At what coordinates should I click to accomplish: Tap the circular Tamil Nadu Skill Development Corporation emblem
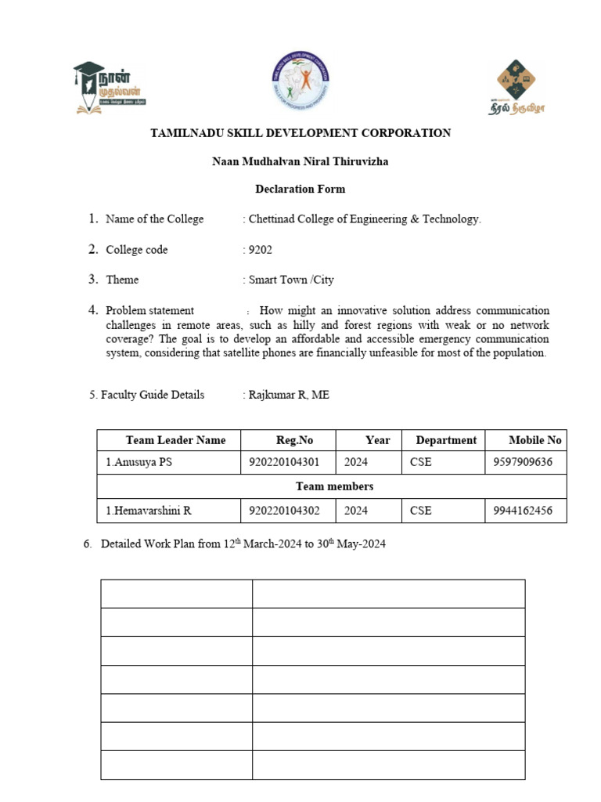[300, 81]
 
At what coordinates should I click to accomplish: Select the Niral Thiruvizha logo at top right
[517, 86]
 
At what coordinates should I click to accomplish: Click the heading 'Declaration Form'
[300, 189]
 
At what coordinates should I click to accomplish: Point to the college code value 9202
[261, 250]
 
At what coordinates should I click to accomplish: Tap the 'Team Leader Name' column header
[175, 440]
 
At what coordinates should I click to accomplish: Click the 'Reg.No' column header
[294, 440]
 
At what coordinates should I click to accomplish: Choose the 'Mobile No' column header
[535, 440]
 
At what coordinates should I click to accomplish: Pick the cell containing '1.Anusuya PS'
[139, 462]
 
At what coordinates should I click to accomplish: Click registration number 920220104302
[284, 511]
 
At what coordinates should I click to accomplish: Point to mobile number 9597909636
[523, 462]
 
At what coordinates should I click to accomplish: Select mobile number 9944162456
[523, 511]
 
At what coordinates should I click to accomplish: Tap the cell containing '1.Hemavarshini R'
[149, 511]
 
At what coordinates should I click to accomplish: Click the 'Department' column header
[446, 440]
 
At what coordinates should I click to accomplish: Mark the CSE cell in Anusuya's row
[420, 462]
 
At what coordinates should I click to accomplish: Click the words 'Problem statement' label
[149, 310]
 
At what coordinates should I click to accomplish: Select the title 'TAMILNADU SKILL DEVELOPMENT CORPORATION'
[300, 133]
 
